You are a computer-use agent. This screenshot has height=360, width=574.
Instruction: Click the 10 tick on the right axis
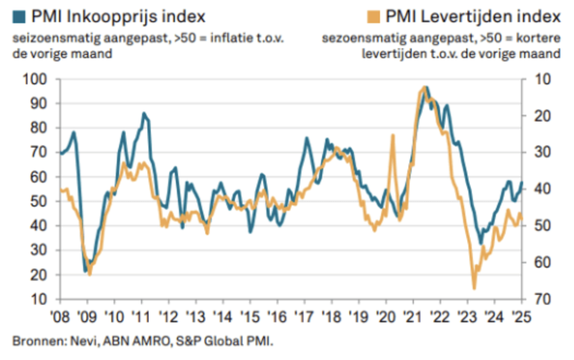coord(542,79)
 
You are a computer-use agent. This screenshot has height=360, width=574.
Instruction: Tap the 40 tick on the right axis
coord(542,189)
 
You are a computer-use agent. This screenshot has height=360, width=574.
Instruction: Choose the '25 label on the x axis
coord(521,316)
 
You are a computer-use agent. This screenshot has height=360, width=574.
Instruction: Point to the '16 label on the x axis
coord(277,316)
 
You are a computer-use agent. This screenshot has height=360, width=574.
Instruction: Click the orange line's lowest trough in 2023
coord(474,288)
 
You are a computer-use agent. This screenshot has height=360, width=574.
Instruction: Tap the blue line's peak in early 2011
coord(143,114)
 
